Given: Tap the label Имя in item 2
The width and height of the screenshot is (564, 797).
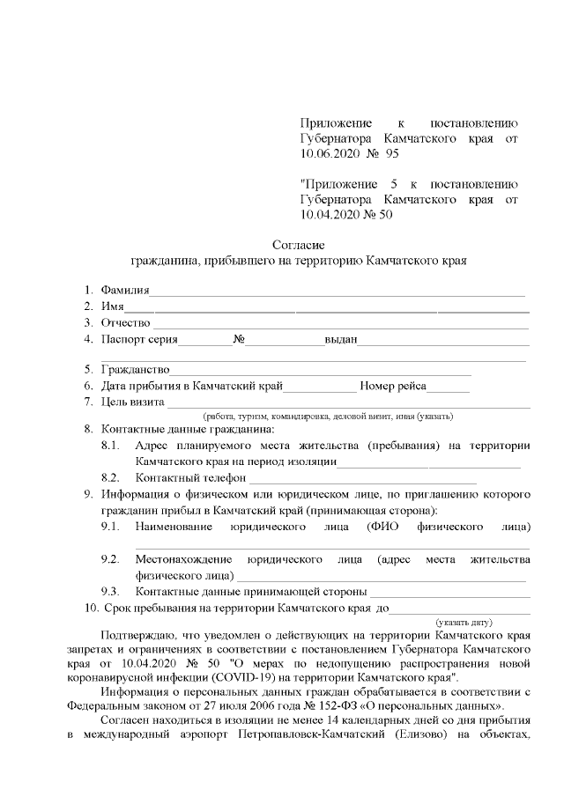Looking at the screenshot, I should point(112,306).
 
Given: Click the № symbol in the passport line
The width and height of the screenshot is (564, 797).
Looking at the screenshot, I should point(238,339).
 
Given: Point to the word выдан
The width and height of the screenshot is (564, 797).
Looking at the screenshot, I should point(340,339).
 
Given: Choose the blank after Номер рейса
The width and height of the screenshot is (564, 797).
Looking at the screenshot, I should point(450,388).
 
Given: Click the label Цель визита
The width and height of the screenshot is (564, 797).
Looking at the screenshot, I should point(133,402).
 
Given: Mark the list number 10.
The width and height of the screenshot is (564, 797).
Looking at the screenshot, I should point(91,609).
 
